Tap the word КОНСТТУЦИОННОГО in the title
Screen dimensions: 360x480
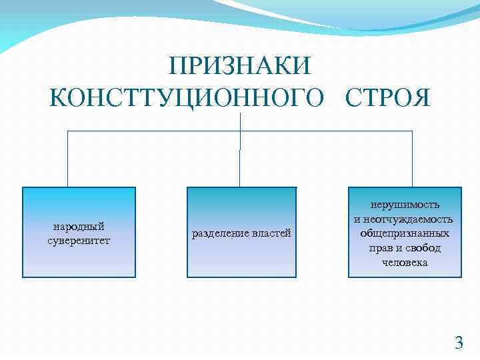tap(190, 99)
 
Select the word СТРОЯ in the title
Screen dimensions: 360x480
tap(388, 99)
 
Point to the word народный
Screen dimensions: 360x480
tap(79, 227)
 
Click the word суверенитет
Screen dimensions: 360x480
tap(79, 239)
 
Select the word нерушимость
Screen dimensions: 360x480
tap(405, 205)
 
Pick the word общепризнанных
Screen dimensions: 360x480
tap(405, 233)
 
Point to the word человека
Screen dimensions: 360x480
tap(405, 262)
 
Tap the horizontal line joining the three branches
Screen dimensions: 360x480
tap(153, 131)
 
